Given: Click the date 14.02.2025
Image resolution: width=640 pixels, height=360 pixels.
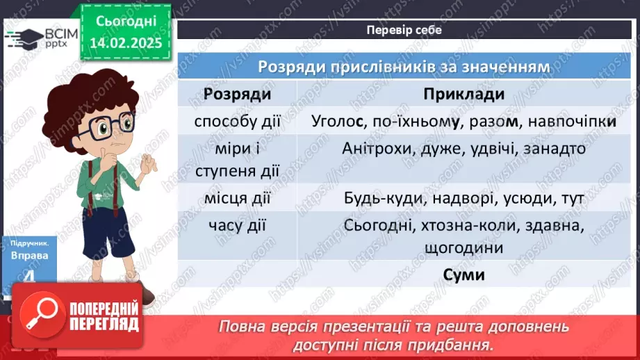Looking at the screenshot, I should [125, 42].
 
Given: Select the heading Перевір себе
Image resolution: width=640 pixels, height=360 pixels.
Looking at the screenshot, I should [404, 30].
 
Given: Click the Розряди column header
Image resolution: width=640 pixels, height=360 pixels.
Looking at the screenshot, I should [238, 95].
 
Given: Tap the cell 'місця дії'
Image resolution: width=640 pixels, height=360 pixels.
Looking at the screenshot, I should [238, 199].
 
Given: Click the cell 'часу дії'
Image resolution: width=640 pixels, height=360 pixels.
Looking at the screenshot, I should [238, 226].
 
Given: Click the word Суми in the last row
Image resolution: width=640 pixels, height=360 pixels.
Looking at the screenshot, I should [463, 275].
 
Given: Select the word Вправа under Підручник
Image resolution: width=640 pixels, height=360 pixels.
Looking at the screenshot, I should [30, 255].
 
